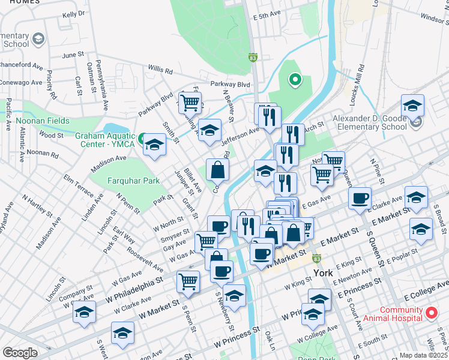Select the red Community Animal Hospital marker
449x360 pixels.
point(430,313)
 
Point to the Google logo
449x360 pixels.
point(20,353)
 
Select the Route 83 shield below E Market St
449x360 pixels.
point(317,258)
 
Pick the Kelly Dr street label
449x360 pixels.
point(74,14)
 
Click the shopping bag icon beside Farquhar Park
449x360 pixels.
point(217,170)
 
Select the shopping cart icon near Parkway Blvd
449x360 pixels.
point(190,102)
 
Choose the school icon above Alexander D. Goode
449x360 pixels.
point(412,106)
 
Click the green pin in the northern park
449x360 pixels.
point(294,79)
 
